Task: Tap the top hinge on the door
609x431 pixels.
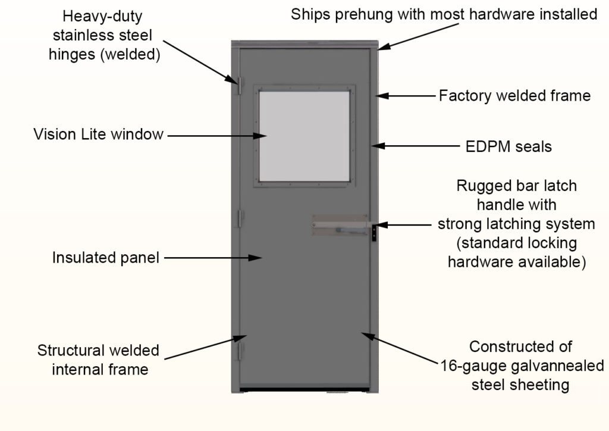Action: (241, 87)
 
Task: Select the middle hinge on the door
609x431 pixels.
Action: (241, 218)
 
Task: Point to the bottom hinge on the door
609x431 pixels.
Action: (241, 351)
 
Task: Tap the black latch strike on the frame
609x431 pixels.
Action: (374, 232)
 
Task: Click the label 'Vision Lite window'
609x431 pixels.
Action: (98, 135)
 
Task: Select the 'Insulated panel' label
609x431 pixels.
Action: (106, 258)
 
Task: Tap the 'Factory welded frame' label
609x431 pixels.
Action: (514, 96)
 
